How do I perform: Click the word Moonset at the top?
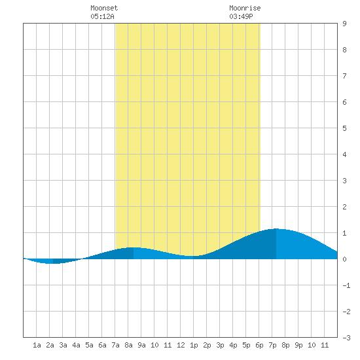coord(104,8)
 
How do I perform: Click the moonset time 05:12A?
coord(102,16)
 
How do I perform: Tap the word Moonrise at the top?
coord(245,8)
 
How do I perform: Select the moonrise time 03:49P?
coord(241,16)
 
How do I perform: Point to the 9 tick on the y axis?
coord(344,24)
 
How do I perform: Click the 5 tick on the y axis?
coord(344,128)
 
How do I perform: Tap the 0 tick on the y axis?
coord(344,259)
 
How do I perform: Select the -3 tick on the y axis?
coord(346,338)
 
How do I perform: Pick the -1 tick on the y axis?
coord(346,285)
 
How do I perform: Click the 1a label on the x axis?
coord(37,345)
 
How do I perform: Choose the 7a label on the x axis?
coord(115,345)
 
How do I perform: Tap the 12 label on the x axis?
coord(181,345)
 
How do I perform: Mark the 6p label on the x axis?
coord(259,345)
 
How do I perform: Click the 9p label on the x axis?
coord(298,345)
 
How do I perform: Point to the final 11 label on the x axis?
coord(325,345)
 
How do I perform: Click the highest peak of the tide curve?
coord(276,229)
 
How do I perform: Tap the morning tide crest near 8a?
coord(134,247)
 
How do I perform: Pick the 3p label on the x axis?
coord(220,345)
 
